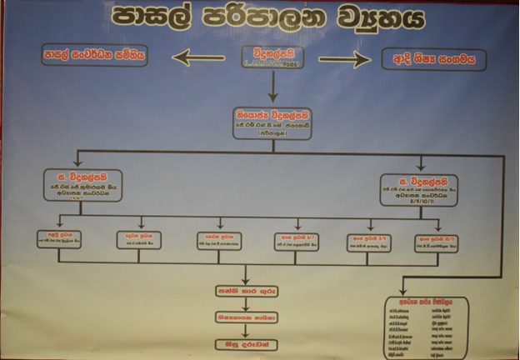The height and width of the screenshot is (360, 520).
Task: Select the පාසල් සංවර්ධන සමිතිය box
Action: tap(94, 57)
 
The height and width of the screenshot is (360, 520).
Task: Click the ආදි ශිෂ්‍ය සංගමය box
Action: tap(433, 59)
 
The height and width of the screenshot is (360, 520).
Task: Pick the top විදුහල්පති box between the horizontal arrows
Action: tap(272, 57)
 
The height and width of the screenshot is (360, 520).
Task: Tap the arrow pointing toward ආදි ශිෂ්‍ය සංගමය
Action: tap(344, 59)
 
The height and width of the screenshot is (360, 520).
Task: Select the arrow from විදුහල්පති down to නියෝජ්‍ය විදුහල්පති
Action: tap(272, 87)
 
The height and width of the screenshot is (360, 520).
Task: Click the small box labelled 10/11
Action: tap(439, 242)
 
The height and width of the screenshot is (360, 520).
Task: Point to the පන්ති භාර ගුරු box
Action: tap(244, 292)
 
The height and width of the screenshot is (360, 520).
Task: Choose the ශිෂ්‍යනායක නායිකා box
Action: tap(244, 317)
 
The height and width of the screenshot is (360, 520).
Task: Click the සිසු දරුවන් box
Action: tap(244, 341)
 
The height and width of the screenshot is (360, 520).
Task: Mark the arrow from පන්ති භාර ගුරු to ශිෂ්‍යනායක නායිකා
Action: tap(244, 305)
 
